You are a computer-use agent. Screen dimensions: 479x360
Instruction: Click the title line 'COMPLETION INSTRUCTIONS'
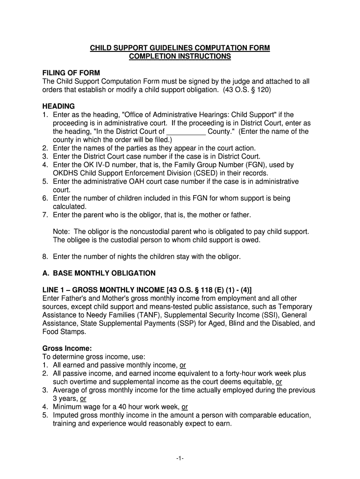click(x=180, y=56)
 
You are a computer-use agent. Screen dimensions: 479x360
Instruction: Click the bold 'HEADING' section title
click(x=58, y=106)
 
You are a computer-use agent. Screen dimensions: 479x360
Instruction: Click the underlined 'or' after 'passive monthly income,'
click(x=183, y=365)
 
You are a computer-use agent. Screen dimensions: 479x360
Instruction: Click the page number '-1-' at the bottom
click(x=180, y=459)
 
